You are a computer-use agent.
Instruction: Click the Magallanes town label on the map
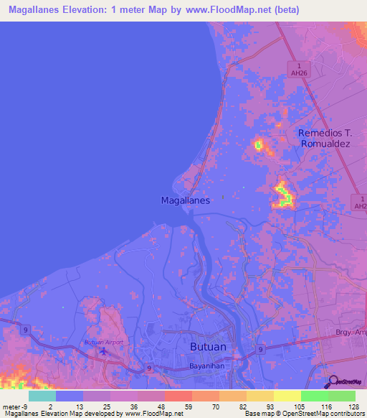[185, 201]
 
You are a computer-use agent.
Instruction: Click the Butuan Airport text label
[104, 342]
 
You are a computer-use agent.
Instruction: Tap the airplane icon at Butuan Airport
[90, 342]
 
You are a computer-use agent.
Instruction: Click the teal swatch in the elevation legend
[42, 396]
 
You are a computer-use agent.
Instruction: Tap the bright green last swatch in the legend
[341, 396]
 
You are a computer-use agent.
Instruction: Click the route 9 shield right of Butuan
[261, 350]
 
